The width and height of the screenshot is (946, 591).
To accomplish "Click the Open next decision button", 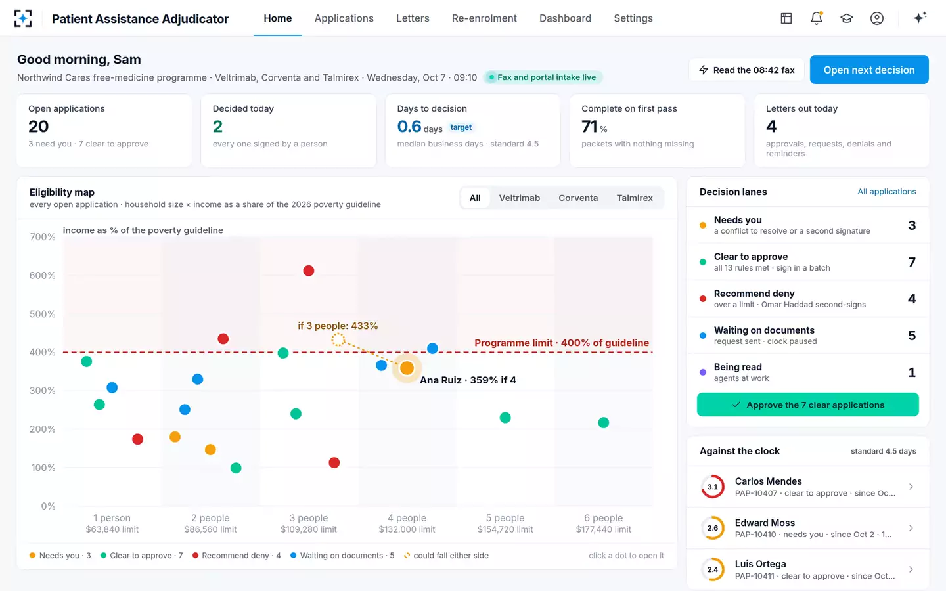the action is [x=868, y=70].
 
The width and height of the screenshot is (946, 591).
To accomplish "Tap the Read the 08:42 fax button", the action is [x=747, y=70].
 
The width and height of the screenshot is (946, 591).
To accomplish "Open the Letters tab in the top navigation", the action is [x=413, y=18].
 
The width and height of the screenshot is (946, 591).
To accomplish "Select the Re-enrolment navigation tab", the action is [x=484, y=18].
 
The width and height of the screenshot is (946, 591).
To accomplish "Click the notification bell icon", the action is [x=817, y=18].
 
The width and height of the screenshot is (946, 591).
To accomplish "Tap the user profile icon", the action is [x=877, y=18].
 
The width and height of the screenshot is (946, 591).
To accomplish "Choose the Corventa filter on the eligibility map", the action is [x=578, y=198].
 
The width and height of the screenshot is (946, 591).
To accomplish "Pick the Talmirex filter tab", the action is [x=635, y=198].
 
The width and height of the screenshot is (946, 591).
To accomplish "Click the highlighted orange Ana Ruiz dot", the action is [x=407, y=368].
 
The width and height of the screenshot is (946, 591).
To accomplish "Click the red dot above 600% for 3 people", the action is [x=309, y=271].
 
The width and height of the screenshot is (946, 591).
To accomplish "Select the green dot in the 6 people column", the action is [x=604, y=423].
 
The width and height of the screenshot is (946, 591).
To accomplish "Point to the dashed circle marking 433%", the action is [x=338, y=339].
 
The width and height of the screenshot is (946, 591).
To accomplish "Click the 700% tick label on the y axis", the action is [x=42, y=237].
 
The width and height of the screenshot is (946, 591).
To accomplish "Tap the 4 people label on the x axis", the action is [x=407, y=518].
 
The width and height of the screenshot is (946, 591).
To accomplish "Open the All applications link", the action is [x=886, y=192].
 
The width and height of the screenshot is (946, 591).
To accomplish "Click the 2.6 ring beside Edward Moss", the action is [x=713, y=528].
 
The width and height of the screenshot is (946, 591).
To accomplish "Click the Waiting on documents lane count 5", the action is [x=912, y=336].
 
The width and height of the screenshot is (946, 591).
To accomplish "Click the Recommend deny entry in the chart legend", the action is [x=236, y=556].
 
